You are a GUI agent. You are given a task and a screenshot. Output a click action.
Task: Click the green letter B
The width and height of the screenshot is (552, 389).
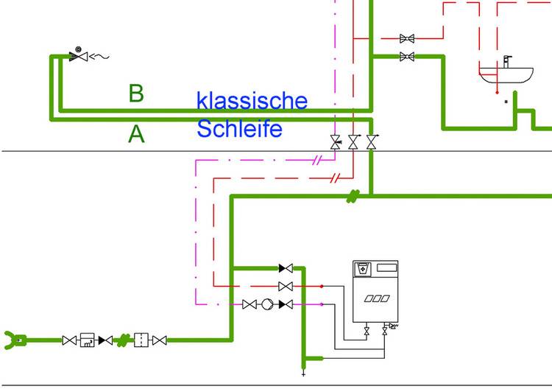(135, 94)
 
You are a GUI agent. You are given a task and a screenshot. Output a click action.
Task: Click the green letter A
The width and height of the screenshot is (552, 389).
(136, 134)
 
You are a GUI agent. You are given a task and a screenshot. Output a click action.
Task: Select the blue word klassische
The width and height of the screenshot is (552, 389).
(252, 100)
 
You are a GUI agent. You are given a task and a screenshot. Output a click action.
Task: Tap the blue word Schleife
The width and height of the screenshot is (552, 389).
(239, 129)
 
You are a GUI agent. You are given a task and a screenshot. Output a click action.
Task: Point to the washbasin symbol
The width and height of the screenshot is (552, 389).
(506, 74)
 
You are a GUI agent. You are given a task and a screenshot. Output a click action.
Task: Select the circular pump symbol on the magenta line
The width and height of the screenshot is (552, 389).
(267, 304)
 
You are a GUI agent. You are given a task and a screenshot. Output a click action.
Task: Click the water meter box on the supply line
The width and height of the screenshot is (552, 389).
(89, 340)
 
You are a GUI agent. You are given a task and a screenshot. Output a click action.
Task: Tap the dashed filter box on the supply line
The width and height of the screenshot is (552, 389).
(141, 340)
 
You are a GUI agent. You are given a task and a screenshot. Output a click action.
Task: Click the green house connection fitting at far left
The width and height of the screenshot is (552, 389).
(15, 340)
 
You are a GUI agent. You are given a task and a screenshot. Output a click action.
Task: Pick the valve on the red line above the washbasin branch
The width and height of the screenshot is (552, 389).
(407, 38)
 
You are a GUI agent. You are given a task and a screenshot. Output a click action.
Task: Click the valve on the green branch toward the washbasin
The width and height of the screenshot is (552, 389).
(407, 57)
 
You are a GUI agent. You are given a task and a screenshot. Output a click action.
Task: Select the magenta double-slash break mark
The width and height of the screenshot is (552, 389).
(318, 159)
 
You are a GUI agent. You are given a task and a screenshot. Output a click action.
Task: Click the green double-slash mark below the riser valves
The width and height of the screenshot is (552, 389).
(353, 196)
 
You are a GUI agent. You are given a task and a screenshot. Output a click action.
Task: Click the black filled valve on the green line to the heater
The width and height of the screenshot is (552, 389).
(286, 269)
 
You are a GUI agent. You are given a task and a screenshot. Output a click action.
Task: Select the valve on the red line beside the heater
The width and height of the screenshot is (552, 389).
(286, 286)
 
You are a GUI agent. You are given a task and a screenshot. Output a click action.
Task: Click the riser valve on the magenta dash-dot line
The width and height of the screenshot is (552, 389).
(336, 142)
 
